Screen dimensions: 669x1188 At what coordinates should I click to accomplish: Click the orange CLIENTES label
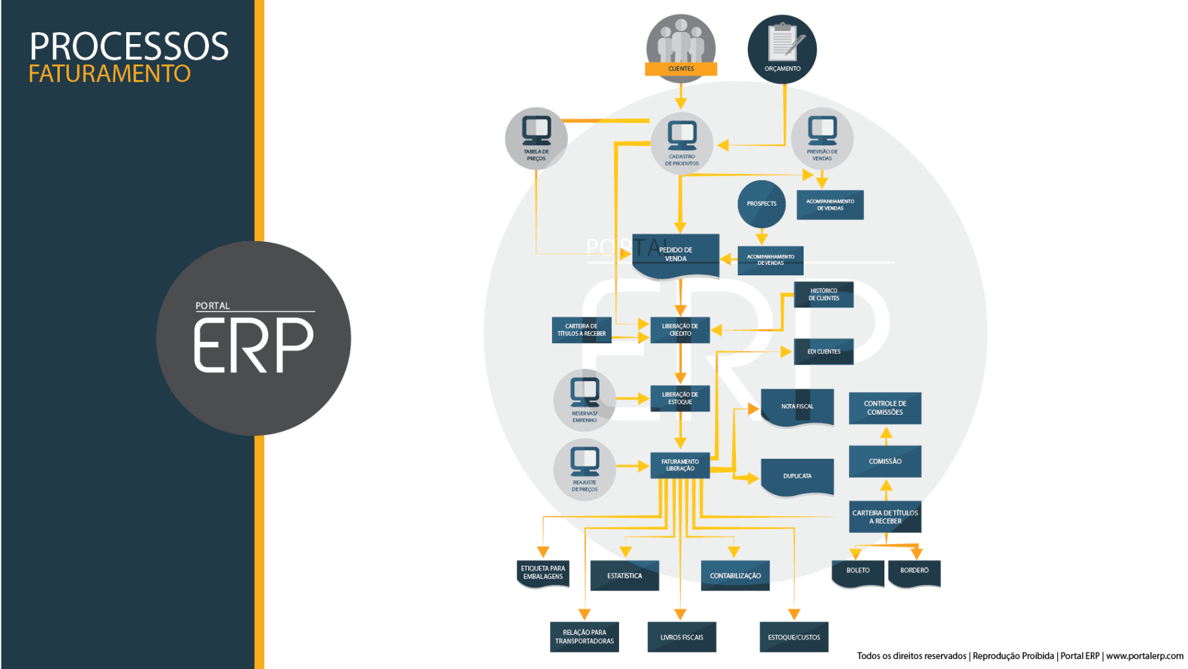[681, 69]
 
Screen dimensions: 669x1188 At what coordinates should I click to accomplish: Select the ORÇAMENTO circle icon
[782, 49]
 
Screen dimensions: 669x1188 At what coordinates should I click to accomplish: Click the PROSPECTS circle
[762, 204]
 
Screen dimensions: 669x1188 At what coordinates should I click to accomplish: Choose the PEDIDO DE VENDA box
[675, 254]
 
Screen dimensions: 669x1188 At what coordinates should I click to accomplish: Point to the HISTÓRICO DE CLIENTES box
[823, 294]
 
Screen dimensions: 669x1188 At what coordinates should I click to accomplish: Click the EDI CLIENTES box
[823, 352]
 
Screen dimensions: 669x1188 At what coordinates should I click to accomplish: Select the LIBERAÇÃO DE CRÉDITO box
[680, 330]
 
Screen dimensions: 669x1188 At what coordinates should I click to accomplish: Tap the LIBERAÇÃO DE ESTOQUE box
[680, 398]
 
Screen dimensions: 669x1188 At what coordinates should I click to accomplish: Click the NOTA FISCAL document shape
[797, 407]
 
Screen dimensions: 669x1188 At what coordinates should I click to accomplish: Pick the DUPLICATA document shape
[797, 476]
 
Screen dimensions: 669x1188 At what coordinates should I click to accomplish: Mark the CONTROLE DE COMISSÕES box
[884, 408]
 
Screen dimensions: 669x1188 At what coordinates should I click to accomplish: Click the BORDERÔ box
[914, 572]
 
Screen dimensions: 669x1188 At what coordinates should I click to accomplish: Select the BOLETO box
[857, 572]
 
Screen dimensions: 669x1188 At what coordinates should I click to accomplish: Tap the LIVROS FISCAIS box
[681, 637]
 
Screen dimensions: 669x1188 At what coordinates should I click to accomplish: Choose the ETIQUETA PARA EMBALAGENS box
[543, 572]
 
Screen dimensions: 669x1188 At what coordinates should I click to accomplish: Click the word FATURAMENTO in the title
[109, 74]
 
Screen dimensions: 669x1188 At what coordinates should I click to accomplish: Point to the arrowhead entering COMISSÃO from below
[886, 486]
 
